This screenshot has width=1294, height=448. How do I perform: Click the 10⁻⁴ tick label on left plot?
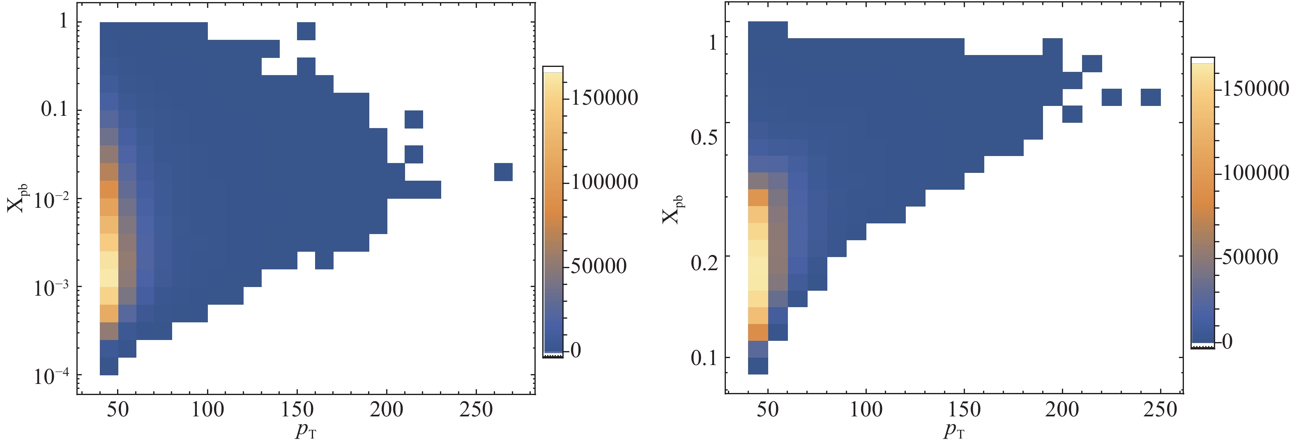[52, 376]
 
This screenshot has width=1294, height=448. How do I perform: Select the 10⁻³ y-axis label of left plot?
[52, 288]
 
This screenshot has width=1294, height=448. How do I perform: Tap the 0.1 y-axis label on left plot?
[54, 109]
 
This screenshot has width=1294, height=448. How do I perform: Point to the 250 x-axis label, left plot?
[476, 410]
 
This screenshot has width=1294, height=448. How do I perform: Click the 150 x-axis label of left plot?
[297, 410]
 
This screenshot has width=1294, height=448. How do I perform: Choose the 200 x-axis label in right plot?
[1062, 410]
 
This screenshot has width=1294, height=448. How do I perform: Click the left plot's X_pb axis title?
[18, 198]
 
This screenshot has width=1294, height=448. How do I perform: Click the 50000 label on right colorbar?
[1250, 257]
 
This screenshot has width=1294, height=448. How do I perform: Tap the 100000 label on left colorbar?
[604, 182]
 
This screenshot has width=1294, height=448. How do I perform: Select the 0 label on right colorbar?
[1227, 342]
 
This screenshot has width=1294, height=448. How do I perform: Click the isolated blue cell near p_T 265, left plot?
[503, 172]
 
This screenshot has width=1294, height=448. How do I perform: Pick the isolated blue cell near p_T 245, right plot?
[1150, 97]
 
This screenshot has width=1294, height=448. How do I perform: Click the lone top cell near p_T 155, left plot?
[306, 31]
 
